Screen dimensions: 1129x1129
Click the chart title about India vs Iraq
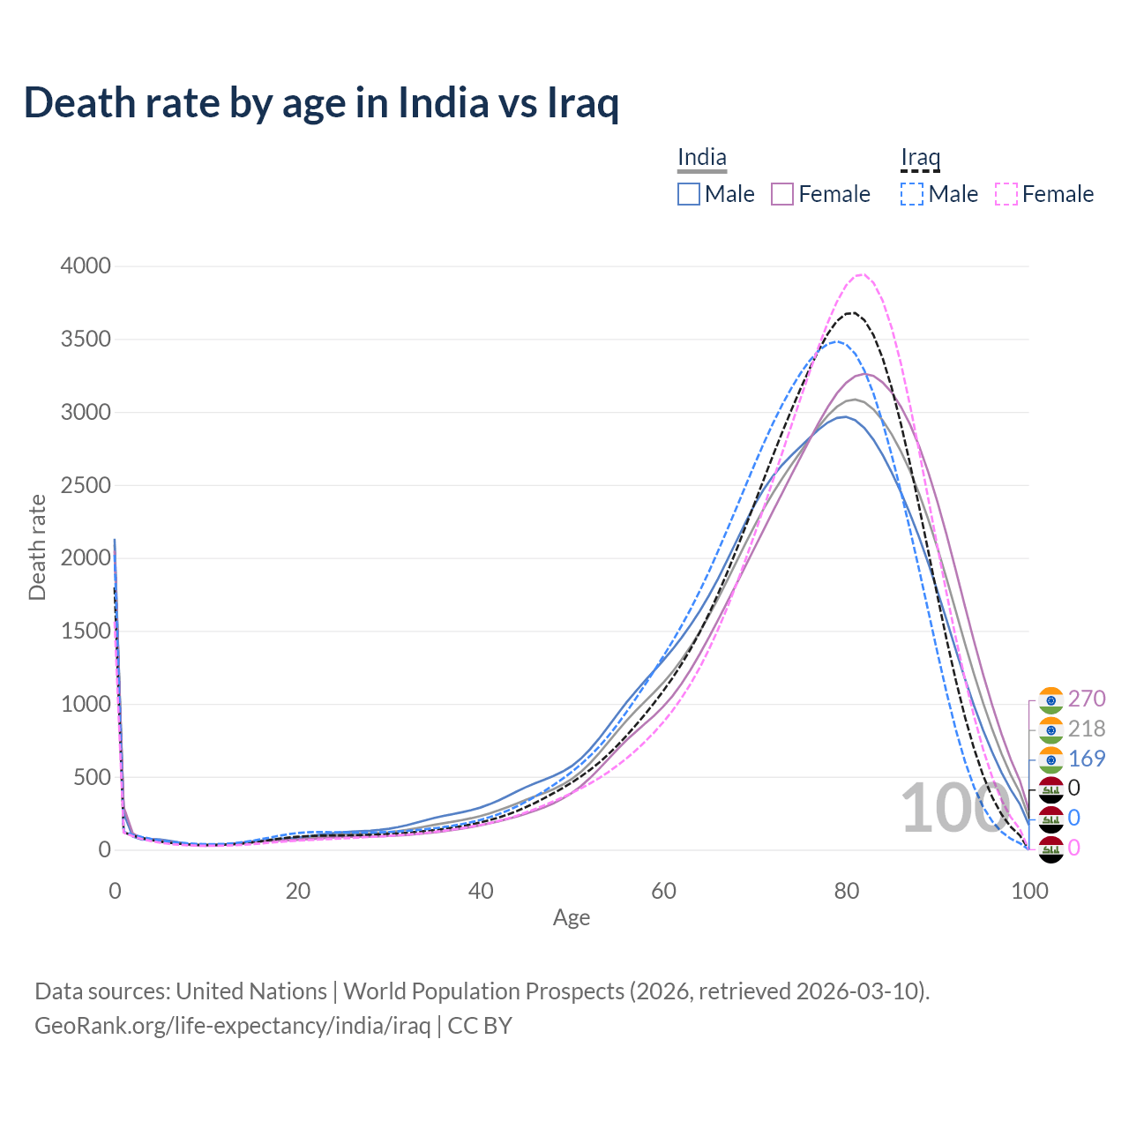(321, 102)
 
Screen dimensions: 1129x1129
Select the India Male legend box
(689, 194)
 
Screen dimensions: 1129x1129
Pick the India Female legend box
(782, 194)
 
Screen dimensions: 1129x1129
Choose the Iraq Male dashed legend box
(912, 194)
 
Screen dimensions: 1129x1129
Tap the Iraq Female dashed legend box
(1006, 194)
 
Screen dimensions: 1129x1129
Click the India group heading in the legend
(702, 158)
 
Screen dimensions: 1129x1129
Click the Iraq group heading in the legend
(920, 158)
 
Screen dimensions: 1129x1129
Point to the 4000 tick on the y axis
(86, 266)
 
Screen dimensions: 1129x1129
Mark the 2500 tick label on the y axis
(86, 485)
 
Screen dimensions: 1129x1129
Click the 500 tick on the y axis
(92, 777)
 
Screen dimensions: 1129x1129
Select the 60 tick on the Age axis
(664, 891)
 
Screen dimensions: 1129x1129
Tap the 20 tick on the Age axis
(298, 891)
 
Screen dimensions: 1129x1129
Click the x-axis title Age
(572, 918)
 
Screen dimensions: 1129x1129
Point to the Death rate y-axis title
(37, 547)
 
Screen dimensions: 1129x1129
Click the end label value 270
(1086, 699)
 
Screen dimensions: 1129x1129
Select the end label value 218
(1086, 729)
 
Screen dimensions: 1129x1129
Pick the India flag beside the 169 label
(1050, 759)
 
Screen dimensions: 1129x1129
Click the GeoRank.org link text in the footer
(232, 1026)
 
